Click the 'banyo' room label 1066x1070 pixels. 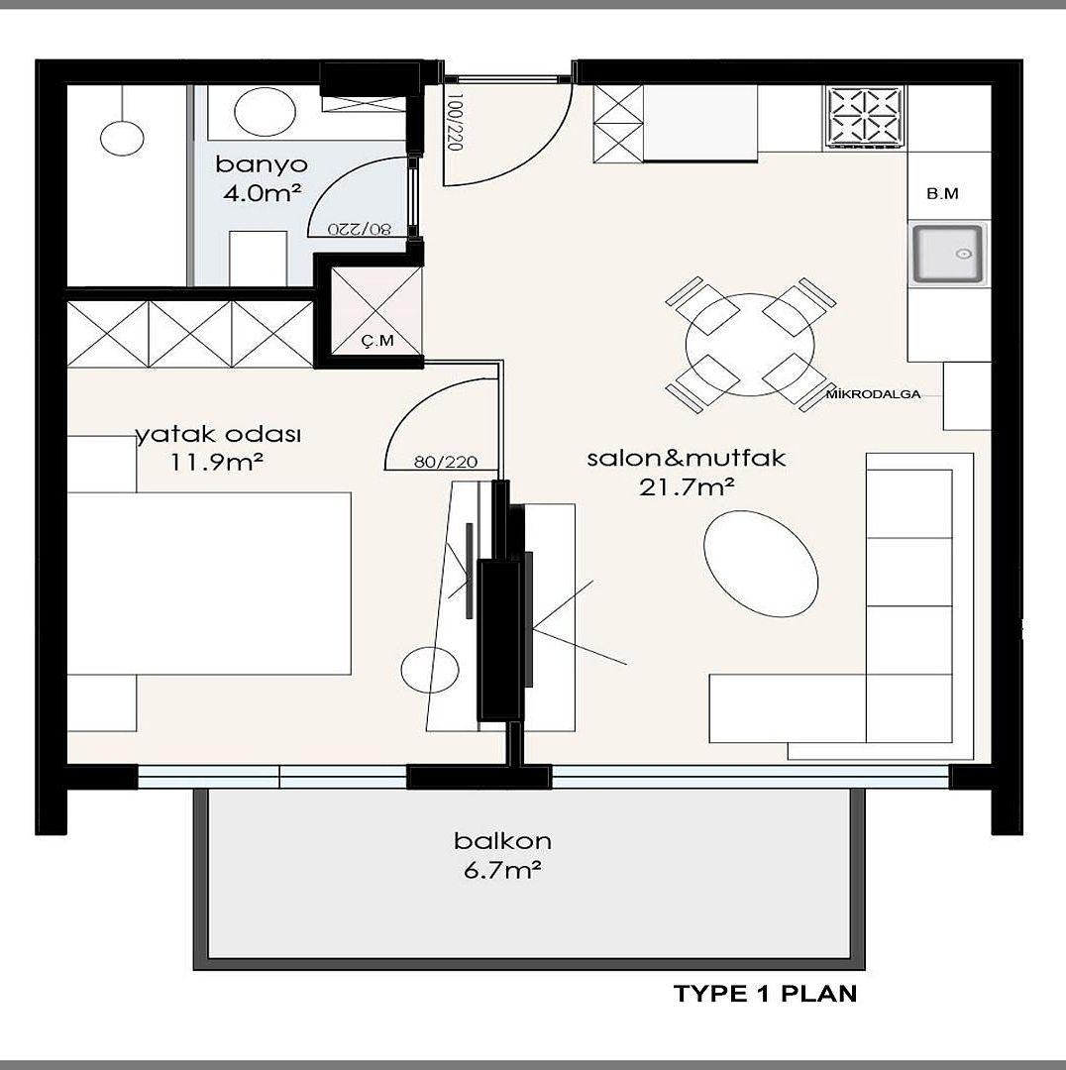262,165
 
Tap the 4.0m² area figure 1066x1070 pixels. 263,194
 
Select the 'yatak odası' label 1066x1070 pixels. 218,435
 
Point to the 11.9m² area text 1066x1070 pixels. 217,463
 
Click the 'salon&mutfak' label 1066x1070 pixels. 687,458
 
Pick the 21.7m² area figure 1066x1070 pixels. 687,487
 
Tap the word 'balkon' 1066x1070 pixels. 503,841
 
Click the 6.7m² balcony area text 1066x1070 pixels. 503,870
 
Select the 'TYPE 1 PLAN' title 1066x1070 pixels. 765,994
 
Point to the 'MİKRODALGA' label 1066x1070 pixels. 873,393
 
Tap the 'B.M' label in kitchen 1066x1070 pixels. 942,194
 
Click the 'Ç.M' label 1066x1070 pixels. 377,340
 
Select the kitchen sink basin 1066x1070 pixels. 949,254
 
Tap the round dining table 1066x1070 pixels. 750,345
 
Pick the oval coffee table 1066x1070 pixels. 760,565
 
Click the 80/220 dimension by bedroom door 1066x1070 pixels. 446,462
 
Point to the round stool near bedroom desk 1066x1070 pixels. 430,670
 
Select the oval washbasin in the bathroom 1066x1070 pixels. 266,111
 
